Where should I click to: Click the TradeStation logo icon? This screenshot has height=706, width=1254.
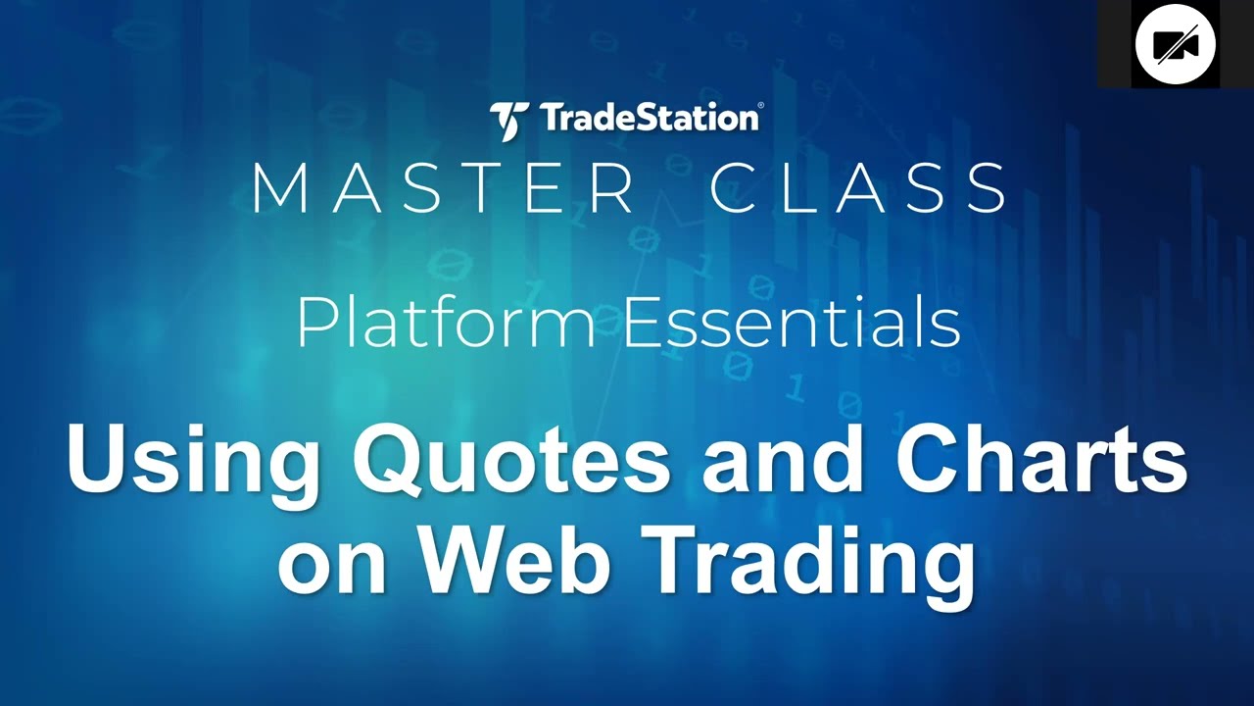(509, 120)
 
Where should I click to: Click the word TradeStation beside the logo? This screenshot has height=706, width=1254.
(647, 119)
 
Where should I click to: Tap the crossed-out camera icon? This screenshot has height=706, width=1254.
(1175, 45)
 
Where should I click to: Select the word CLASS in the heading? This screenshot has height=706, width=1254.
(858, 188)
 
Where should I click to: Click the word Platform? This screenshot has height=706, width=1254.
(446, 324)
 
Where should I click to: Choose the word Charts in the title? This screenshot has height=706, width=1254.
(1040, 459)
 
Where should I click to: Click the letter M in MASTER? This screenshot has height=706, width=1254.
(278, 188)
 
